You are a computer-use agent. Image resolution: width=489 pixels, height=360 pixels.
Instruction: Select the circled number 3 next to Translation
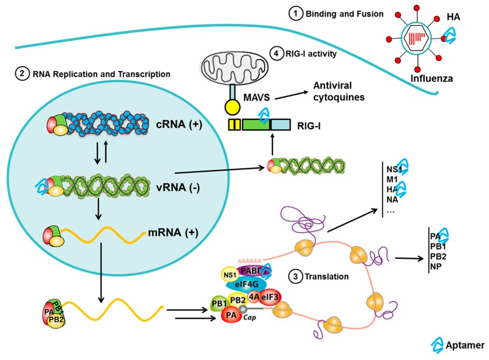tap(294, 276)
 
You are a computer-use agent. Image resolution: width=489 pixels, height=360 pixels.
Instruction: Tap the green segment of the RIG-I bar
tap(256, 124)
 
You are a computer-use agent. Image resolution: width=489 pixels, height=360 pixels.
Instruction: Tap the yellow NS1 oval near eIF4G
tap(228, 274)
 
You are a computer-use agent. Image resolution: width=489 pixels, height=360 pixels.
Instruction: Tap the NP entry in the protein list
tap(436, 267)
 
